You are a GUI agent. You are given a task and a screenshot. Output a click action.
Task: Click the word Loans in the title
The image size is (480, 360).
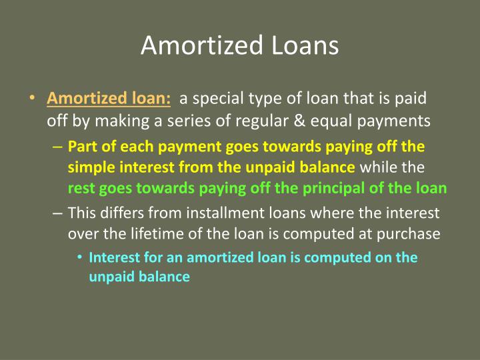(x=306, y=46)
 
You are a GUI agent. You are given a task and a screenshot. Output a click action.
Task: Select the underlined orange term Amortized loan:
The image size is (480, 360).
(x=109, y=99)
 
